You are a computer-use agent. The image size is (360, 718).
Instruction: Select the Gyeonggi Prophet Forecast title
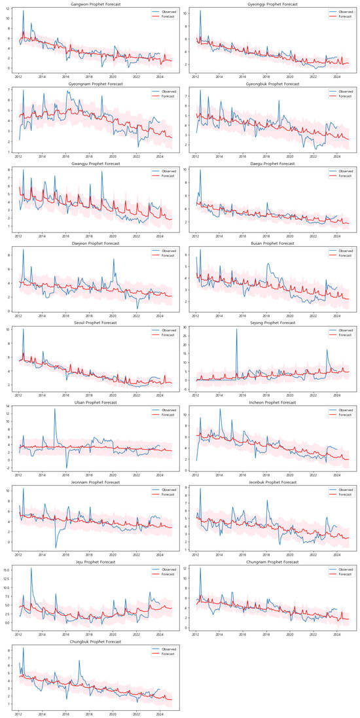(x=269, y=4)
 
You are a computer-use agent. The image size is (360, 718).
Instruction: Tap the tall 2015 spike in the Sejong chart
(x=236, y=329)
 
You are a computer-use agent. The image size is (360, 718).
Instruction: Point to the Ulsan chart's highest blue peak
(x=55, y=409)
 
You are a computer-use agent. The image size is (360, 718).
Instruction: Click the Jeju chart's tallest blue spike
(x=31, y=568)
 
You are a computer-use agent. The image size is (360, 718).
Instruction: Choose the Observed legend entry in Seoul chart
(x=162, y=329)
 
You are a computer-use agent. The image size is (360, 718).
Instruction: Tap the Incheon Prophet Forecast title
(x=269, y=403)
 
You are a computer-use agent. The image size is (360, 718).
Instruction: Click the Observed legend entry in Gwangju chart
(x=162, y=170)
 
